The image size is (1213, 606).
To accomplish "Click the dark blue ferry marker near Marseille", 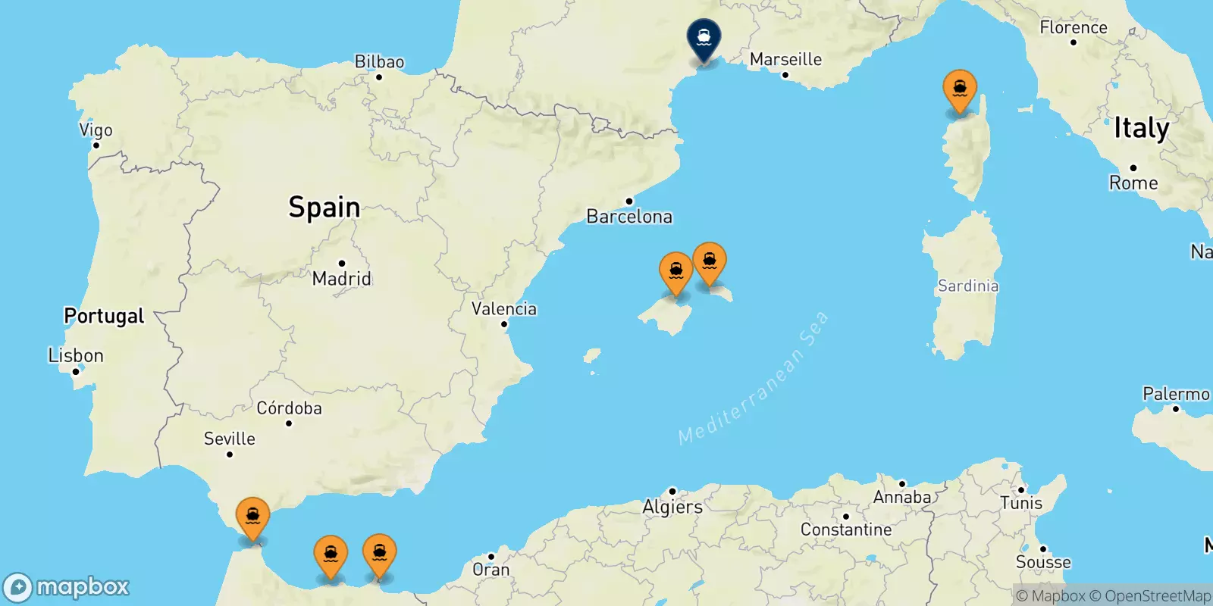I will [704, 38].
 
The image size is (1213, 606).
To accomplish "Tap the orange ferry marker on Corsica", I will [960, 89].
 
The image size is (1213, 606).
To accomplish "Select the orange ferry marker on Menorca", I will [710, 262].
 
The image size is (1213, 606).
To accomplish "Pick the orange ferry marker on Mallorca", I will [675, 272].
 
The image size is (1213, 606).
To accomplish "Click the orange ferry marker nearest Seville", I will [252, 517].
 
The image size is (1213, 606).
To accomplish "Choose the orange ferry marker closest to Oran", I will [380, 554].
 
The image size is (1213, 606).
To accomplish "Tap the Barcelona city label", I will [629, 217].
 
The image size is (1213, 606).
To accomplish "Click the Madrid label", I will [342, 279].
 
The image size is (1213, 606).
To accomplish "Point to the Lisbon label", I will [76, 355].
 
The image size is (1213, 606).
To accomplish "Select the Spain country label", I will [324, 207].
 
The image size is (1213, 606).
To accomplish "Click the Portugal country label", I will [104, 316].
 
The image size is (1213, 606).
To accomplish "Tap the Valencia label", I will [504, 309].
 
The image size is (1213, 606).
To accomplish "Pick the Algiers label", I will [672, 507].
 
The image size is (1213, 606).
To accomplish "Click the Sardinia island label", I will [968, 286].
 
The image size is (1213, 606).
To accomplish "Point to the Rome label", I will [1133, 183].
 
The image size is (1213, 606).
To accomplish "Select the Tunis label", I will [1021, 503].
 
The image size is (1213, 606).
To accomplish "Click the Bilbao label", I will [379, 62].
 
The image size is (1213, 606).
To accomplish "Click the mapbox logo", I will [67, 587].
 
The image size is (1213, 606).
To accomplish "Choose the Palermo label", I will [1176, 394].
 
